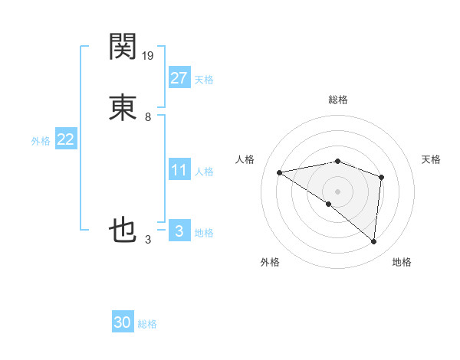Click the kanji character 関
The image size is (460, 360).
(x=123, y=47)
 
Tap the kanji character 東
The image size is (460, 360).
(x=123, y=106)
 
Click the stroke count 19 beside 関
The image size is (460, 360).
(x=149, y=55)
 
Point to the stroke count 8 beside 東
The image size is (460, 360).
(x=148, y=117)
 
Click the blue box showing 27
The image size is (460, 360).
(x=179, y=77)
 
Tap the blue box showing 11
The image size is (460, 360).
(x=179, y=170)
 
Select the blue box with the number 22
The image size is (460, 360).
(x=66, y=139)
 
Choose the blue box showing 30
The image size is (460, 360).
(x=123, y=322)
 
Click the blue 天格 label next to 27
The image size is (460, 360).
(x=204, y=80)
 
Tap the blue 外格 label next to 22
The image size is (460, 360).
(x=41, y=141)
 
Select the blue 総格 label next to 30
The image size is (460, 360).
(x=147, y=325)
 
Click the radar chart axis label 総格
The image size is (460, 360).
(x=338, y=100)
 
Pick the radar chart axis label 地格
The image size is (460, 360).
(x=402, y=262)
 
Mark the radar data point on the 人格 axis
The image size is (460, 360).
(x=280, y=172)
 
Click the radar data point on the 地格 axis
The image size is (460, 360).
(x=373, y=241)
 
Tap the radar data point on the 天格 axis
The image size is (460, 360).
(x=381, y=177)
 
